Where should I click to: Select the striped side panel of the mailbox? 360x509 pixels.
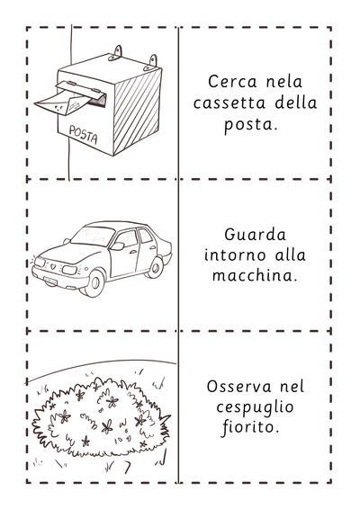pos(138,111)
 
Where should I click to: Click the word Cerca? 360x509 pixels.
pos(232,81)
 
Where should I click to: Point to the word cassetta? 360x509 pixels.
pos(229,103)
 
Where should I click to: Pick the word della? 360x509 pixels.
pos(296,103)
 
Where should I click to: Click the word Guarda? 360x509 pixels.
pos(255,235)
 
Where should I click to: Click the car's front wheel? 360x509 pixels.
pos(94,282)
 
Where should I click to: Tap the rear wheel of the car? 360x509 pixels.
pos(156,267)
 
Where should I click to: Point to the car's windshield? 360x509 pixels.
pos(93,236)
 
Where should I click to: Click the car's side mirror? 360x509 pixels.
pos(118,246)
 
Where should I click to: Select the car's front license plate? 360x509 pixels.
pos(50,280)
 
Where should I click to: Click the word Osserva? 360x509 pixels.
pos(239,387)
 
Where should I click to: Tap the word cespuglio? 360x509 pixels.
pos(255,407)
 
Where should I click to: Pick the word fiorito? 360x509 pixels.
pos(250,427)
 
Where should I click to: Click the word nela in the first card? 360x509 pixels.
pos(284,81)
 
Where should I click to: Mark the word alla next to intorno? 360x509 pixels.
pos(291,254)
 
